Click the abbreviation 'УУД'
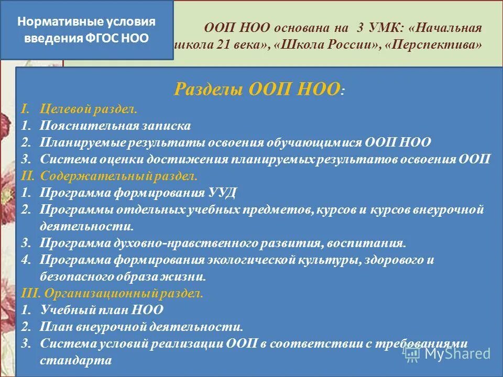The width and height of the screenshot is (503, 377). point(225,192)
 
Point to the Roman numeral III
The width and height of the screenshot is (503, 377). point(29,293)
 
